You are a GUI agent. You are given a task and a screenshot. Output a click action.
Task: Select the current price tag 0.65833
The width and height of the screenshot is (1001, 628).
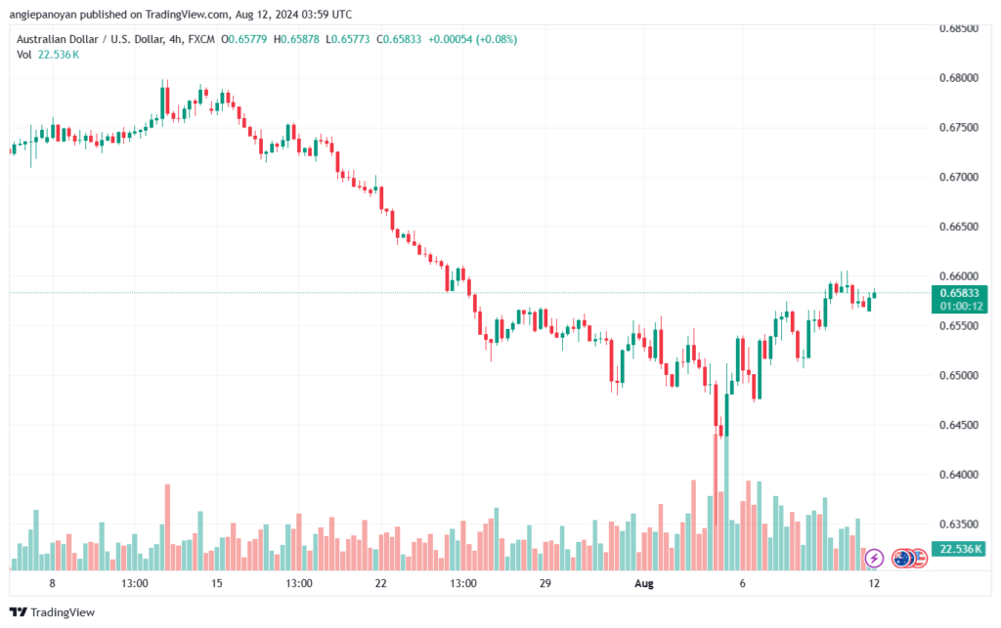[958, 292]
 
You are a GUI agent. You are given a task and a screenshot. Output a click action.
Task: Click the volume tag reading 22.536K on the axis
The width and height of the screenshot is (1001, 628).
[958, 550]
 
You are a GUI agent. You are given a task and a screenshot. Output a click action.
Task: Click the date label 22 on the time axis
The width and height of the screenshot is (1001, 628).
[381, 583]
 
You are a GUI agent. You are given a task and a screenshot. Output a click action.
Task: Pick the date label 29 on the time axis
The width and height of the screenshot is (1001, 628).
[545, 583]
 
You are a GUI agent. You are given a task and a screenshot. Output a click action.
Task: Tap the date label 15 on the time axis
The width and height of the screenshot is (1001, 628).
[217, 583]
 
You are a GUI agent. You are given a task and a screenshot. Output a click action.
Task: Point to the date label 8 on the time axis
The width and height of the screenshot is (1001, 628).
[52, 583]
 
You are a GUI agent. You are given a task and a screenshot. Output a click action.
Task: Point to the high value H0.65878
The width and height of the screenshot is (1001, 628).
[303, 39]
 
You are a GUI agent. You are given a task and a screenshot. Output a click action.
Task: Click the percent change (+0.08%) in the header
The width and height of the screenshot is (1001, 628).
[497, 39]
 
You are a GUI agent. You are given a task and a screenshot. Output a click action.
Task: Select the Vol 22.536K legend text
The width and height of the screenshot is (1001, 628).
[49, 55]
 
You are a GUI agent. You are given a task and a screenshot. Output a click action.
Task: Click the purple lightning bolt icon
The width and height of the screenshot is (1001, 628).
[875, 558]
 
